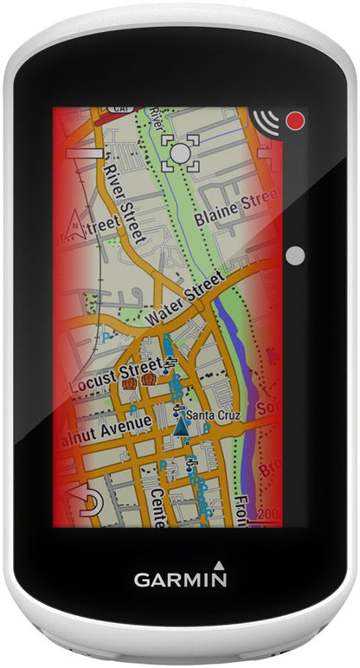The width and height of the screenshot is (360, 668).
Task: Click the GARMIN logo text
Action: [x=180, y=579]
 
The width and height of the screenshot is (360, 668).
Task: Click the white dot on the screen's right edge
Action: [x=295, y=255]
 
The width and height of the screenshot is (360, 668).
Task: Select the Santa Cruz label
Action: [x=217, y=414]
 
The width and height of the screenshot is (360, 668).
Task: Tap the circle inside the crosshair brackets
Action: [x=180, y=152]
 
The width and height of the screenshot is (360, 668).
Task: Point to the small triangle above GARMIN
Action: [x=219, y=563]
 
